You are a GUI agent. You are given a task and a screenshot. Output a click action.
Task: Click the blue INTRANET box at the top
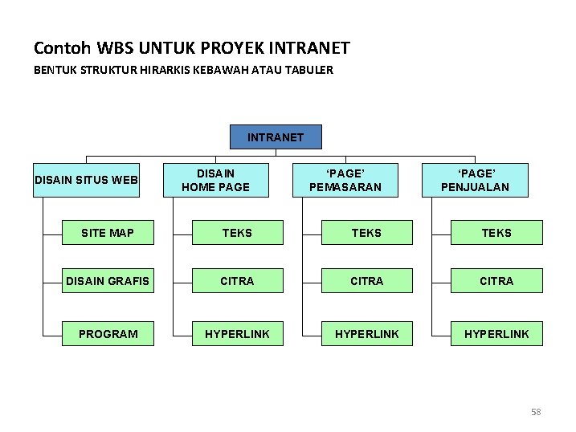tap(276, 137)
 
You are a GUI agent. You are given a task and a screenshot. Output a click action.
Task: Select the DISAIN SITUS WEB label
tap(86, 179)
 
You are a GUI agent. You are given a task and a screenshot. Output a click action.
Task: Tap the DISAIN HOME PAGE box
tap(215, 180)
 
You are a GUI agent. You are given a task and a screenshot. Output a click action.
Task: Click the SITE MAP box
tap(108, 233)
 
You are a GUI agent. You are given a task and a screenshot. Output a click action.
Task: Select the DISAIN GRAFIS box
tap(108, 281)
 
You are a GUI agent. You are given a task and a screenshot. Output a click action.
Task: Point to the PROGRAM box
tap(108, 333)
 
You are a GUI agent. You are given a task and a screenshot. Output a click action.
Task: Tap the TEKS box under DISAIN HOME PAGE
tap(237, 233)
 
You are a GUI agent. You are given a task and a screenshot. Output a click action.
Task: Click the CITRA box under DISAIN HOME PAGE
tap(237, 281)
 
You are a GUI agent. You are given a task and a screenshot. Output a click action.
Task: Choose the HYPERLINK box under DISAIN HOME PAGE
tap(237, 333)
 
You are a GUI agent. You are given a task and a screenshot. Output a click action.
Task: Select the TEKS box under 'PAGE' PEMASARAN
tap(366, 233)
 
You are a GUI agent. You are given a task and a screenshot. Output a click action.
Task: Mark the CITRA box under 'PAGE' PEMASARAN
tap(366, 281)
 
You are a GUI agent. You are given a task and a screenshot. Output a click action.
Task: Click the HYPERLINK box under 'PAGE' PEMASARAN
tap(366, 333)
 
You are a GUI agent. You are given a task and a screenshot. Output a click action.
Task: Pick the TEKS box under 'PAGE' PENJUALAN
tap(496, 233)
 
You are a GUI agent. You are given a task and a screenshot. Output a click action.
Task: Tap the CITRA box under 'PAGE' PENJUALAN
tap(496, 281)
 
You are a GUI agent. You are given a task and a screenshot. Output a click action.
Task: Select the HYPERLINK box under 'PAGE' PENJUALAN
tap(496, 333)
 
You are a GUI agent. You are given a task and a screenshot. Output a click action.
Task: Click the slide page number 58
tap(536, 412)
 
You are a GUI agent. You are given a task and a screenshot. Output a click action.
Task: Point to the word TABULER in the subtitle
tap(308, 70)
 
